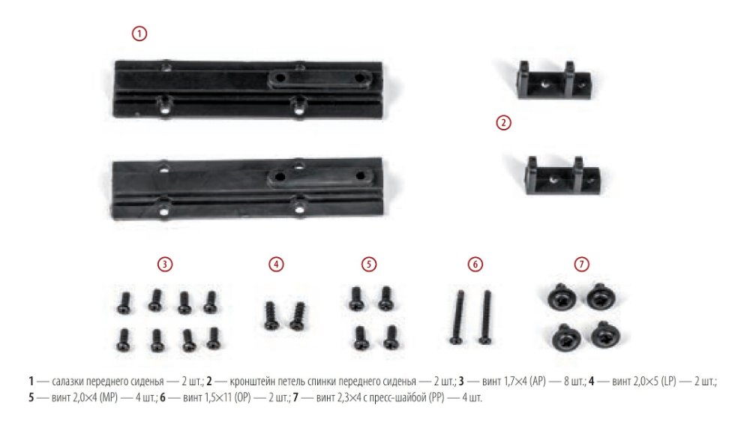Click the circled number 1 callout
point(139,34)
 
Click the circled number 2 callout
point(503,123)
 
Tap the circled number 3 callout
point(165,265)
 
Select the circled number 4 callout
point(276,265)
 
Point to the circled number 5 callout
point(369,265)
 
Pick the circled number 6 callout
point(475,265)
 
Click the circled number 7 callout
point(582,265)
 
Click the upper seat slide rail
point(248,89)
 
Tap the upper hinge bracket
point(553,80)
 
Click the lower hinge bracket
point(562,176)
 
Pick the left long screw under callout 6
point(457,317)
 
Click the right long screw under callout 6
point(486,317)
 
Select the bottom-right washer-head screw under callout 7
point(604,334)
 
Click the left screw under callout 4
point(271,316)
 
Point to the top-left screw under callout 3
point(124,303)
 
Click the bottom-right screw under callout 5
point(391,337)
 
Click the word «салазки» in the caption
point(67,382)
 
